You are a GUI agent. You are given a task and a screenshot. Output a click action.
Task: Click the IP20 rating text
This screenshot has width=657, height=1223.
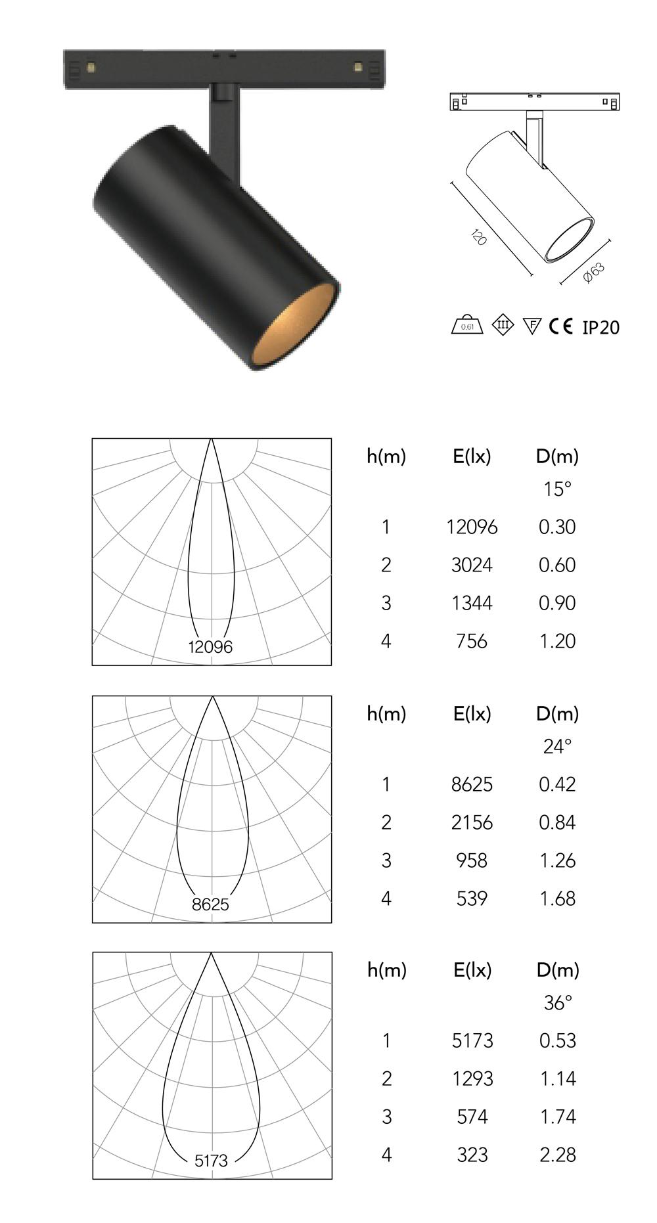pos(600,327)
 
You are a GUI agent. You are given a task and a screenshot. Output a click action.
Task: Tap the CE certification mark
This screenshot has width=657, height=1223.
pos(561,326)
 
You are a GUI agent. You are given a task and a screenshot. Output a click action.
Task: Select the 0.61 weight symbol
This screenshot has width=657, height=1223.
pos(467,325)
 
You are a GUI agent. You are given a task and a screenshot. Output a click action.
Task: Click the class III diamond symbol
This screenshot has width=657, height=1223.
pos(503,324)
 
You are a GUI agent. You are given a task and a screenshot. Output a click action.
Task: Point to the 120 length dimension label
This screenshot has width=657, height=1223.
pos(479,237)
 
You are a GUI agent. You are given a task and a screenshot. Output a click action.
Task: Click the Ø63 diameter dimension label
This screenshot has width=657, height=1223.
pos(594,273)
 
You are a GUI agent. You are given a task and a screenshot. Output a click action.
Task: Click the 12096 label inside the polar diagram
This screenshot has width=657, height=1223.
pos(210,647)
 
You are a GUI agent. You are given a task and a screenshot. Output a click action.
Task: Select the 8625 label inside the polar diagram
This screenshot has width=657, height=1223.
pos(210,904)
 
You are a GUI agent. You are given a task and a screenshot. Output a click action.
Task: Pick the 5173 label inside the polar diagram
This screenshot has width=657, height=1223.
pos(211,1161)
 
